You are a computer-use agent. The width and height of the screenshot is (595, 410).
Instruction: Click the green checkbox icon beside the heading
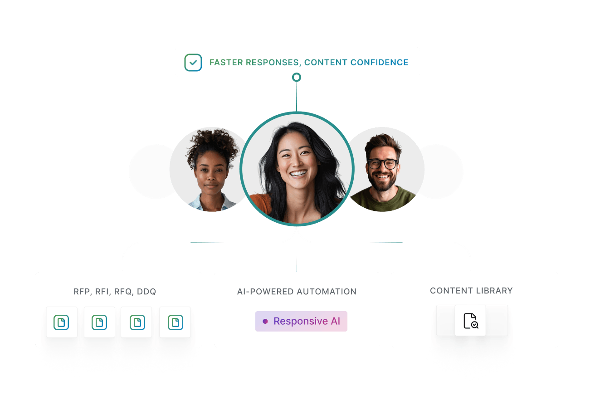click(x=193, y=63)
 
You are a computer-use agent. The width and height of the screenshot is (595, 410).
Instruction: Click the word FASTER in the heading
click(x=226, y=63)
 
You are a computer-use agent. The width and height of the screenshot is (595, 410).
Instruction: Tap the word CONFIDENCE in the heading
click(x=379, y=63)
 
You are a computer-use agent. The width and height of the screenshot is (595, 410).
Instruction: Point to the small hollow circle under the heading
click(x=297, y=77)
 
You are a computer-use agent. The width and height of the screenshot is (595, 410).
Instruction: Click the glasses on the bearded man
click(x=382, y=164)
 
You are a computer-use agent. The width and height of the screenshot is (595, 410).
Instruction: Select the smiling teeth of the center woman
click(x=298, y=174)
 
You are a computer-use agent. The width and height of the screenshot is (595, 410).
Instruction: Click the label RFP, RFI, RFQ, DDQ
click(x=115, y=292)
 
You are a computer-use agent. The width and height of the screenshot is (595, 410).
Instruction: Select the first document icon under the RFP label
click(x=61, y=322)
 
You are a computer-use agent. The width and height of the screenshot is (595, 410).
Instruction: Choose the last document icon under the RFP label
click(x=176, y=322)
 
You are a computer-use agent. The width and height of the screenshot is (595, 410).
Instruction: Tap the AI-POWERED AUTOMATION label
click(x=297, y=292)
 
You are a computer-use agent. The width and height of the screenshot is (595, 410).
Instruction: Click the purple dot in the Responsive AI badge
click(x=265, y=321)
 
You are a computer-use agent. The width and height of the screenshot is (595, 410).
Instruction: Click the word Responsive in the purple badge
click(x=301, y=321)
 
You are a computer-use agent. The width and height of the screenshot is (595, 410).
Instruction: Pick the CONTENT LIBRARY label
click(x=472, y=290)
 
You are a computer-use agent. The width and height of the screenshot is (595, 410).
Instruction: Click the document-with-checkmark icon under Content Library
click(x=471, y=321)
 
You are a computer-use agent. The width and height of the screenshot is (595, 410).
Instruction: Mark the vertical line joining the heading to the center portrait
click(x=297, y=97)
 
